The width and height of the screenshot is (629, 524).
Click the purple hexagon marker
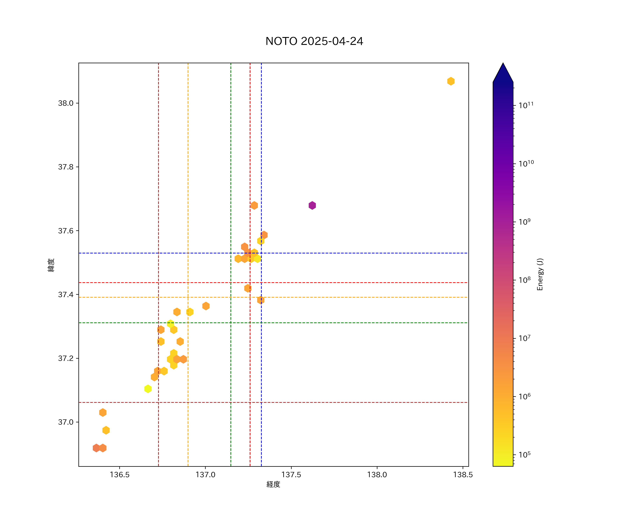click(312, 205)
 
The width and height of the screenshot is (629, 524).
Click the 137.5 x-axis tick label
click(291, 475)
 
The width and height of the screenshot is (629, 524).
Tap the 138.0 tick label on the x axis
click(377, 475)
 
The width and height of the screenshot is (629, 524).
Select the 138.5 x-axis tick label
click(463, 475)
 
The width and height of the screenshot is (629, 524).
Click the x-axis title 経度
click(273, 485)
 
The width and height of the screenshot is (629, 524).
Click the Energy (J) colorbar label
click(540, 274)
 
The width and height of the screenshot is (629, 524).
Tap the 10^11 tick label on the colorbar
click(526, 105)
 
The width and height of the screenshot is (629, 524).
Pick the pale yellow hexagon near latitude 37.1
click(148, 389)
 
